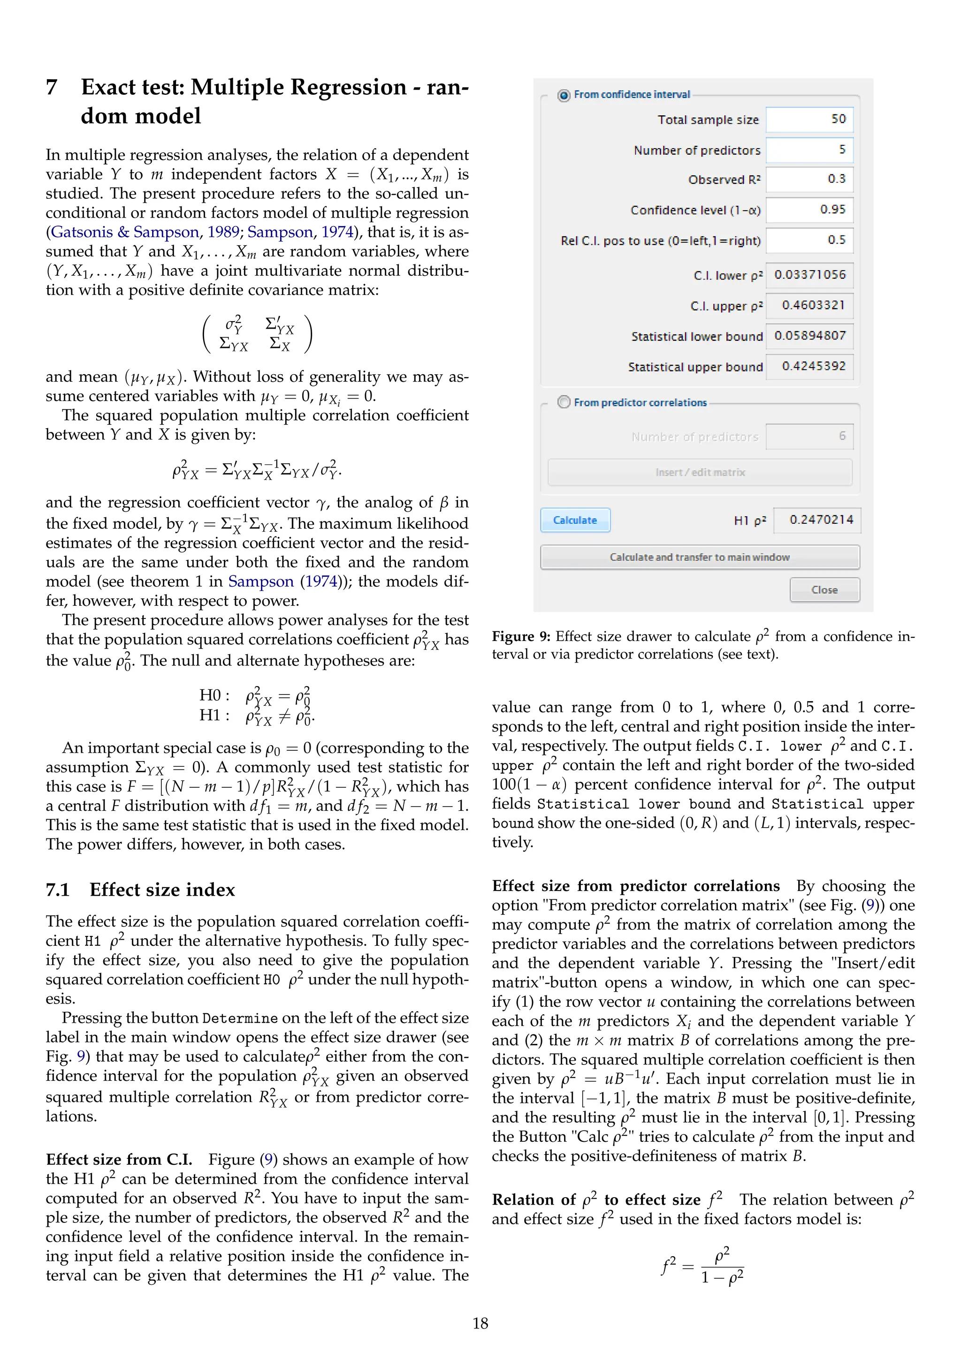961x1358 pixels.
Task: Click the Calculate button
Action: (x=575, y=520)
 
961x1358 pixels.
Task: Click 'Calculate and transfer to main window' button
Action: (x=700, y=557)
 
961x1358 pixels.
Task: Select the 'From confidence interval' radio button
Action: (x=564, y=95)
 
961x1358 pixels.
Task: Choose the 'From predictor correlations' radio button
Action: (x=564, y=402)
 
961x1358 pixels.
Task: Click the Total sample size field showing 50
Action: (x=809, y=120)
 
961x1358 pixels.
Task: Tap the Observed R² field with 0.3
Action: (x=809, y=179)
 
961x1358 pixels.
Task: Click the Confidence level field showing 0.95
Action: (x=809, y=210)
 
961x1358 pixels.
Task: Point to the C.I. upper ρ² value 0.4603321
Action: (x=809, y=305)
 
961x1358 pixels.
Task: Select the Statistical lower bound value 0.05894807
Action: (x=809, y=336)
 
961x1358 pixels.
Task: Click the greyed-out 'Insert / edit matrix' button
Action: (x=700, y=472)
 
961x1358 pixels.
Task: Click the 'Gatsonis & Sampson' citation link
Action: (x=125, y=232)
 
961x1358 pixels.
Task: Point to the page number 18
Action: (x=480, y=1323)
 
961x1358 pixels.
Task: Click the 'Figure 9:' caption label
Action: (x=521, y=636)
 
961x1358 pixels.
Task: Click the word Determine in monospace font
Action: (x=240, y=1018)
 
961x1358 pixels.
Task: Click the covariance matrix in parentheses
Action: (x=257, y=334)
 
